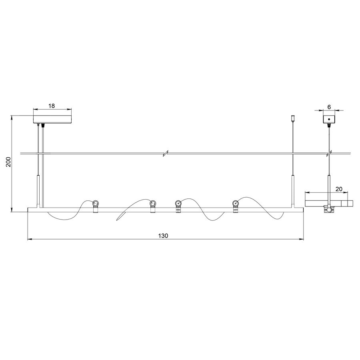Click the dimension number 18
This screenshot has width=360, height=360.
52,106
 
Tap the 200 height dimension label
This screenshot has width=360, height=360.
8,162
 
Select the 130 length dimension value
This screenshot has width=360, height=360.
163,236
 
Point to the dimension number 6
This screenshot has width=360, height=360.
329,107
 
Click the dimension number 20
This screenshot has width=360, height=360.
339,189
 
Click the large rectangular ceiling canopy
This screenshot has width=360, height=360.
52,119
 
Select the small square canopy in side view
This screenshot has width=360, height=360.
329,119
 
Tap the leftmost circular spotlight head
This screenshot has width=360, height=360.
96,203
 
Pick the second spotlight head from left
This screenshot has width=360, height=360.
153,203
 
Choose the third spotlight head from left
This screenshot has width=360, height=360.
178,203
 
